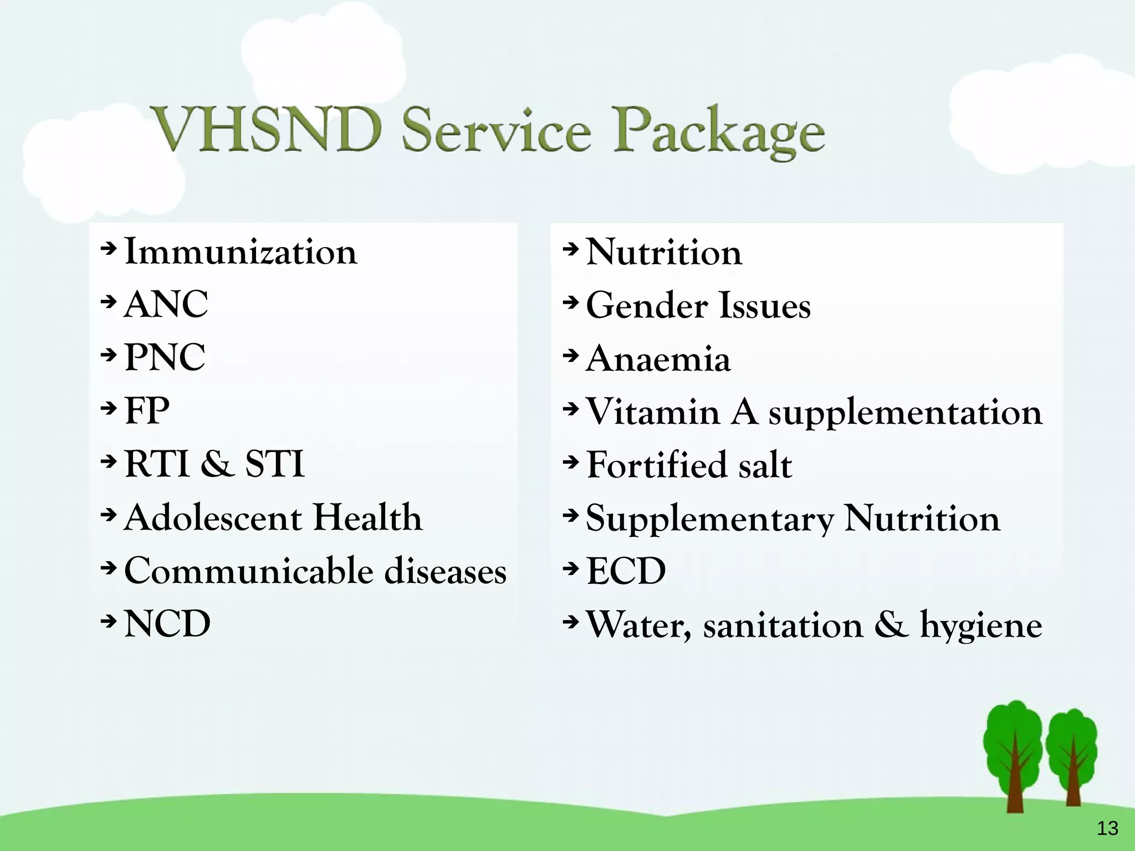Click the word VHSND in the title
coord(268,130)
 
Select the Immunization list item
coord(241,252)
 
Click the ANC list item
coord(166,305)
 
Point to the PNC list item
coord(165,357)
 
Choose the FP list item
coord(147,411)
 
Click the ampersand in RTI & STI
coord(217,464)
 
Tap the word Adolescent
coord(213,517)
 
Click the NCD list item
coord(167,624)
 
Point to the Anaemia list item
coord(658,359)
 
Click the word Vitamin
coord(653,412)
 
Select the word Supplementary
coord(709,519)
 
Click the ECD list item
coord(626,571)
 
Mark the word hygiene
coord(980,626)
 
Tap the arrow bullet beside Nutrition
coord(570,250)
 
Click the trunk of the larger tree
coord(1015,787)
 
